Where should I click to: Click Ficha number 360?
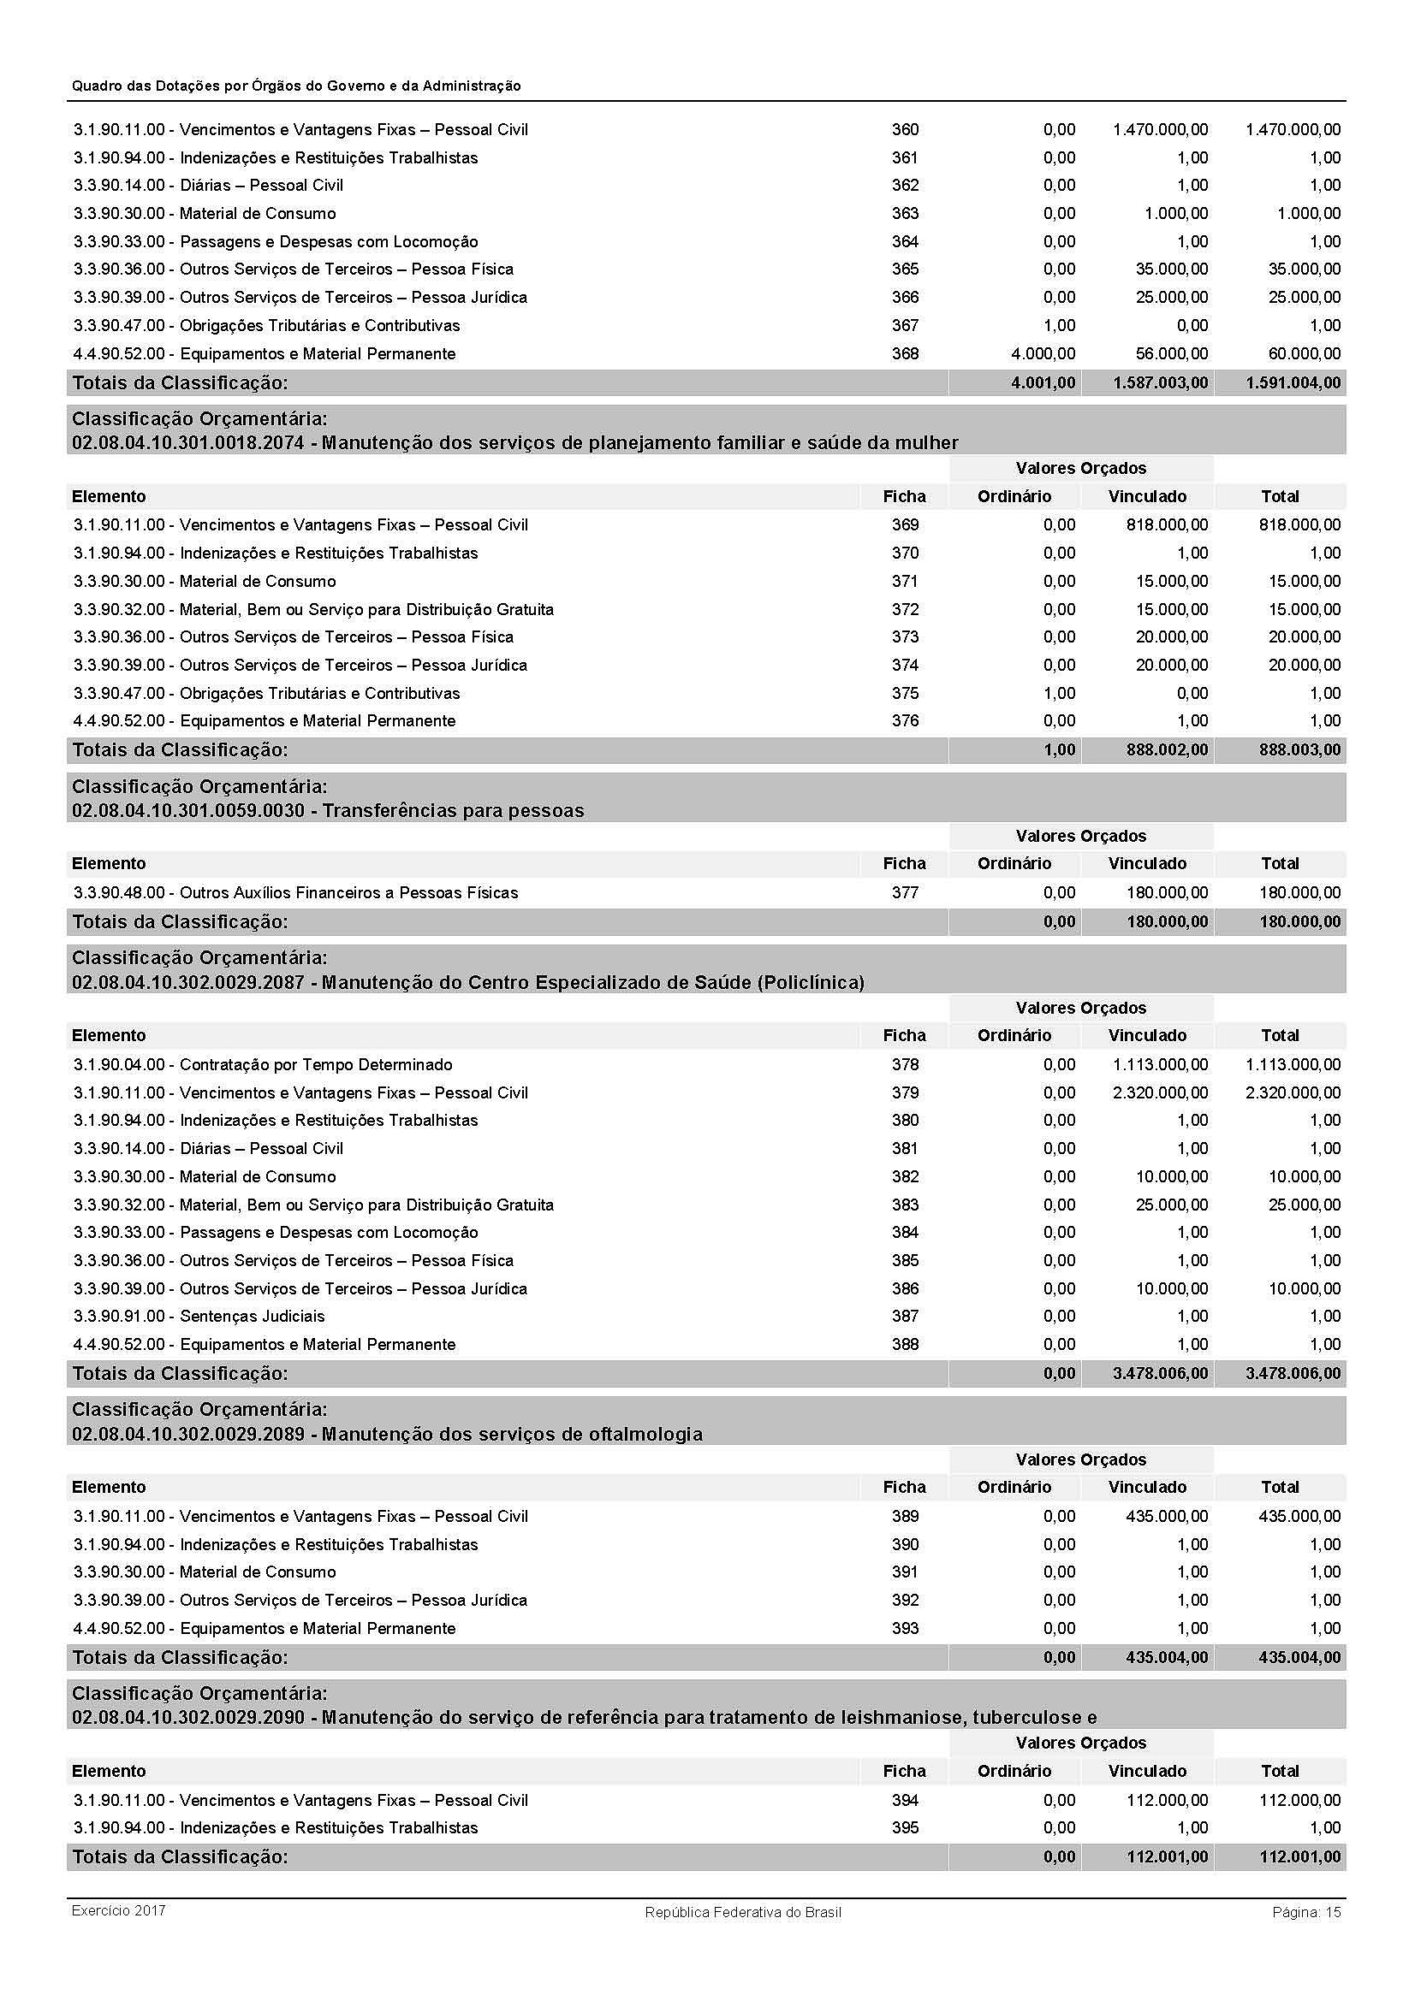pyautogui.click(x=904, y=130)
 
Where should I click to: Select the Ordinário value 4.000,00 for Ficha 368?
pyautogui.click(x=1043, y=354)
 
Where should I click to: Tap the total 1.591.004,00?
pyautogui.click(x=1293, y=382)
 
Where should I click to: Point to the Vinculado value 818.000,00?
pyautogui.click(x=1167, y=524)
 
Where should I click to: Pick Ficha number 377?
pyautogui.click(x=904, y=892)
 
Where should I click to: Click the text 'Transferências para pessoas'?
pyautogui.click(x=453, y=810)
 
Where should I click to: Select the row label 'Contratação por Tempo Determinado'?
pyautogui.click(x=316, y=1064)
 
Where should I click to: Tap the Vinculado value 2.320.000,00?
pyautogui.click(x=1160, y=1092)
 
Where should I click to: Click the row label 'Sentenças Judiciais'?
pyautogui.click(x=252, y=1316)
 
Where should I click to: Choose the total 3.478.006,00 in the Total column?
pyautogui.click(x=1293, y=1374)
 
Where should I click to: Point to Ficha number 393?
pyautogui.click(x=904, y=1628)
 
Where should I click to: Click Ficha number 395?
pyautogui.click(x=904, y=1826)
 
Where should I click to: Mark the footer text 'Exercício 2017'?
pyautogui.click(x=119, y=1910)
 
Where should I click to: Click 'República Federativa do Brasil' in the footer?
pyautogui.click(x=743, y=1912)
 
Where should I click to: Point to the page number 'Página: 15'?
pyautogui.click(x=1306, y=1912)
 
